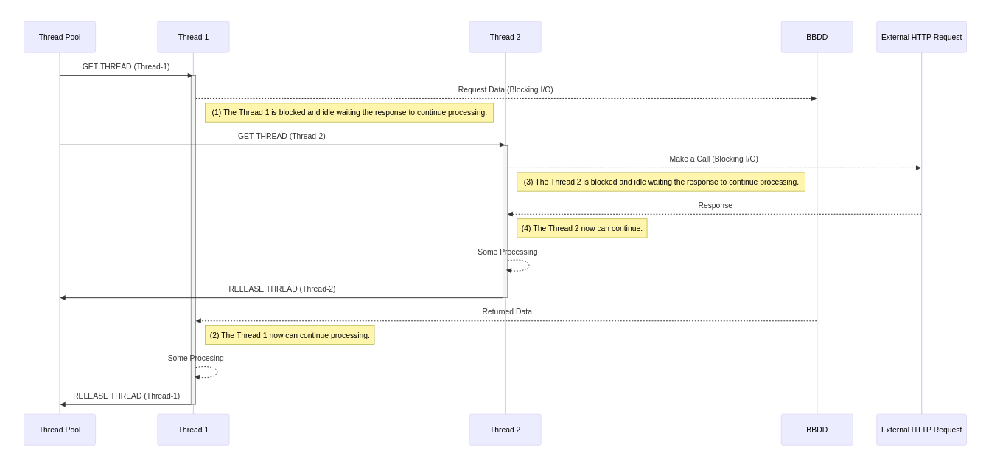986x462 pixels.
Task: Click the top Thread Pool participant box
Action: point(60,37)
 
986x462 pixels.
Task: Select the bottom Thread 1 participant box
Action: point(193,430)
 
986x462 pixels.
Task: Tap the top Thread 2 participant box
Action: point(505,37)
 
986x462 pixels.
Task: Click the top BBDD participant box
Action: point(817,37)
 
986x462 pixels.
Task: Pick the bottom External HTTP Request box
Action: point(921,430)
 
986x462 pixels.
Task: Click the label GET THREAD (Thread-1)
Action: point(126,66)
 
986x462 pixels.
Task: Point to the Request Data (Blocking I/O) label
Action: point(506,90)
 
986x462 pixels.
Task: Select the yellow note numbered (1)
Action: point(349,112)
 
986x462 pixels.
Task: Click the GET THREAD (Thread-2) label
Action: point(282,136)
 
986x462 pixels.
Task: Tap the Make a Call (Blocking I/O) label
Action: point(713,159)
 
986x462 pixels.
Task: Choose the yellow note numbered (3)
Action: point(661,182)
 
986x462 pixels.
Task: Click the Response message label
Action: point(715,205)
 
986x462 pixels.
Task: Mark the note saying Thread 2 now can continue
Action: point(582,228)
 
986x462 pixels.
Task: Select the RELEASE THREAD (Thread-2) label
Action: point(282,289)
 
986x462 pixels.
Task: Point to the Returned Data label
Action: point(507,311)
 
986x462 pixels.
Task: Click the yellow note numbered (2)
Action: point(290,335)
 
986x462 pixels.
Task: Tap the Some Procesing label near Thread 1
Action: point(195,358)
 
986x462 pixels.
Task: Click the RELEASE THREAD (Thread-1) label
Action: point(126,396)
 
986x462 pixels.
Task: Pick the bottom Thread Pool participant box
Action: point(60,430)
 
